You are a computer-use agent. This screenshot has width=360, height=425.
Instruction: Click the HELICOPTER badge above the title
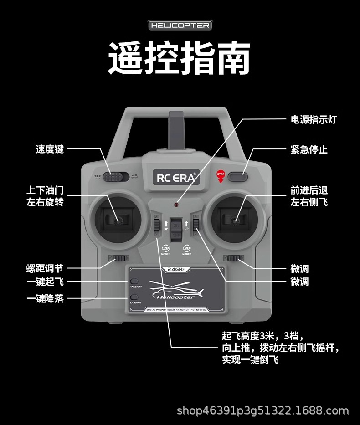point(180,26)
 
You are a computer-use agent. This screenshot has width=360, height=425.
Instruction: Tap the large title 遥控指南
point(180,59)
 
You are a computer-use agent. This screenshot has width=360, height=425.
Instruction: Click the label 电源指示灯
point(314,120)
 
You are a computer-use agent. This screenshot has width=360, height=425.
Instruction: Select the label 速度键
point(50,149)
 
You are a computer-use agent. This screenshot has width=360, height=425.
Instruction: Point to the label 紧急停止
point(309,149)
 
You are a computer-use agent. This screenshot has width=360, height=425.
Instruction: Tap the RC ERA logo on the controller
point(175,178)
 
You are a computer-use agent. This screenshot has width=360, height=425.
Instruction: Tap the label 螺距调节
point(45,268)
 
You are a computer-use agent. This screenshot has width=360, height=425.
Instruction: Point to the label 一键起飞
point(45,282)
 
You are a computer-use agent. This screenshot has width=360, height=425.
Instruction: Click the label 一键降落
point(45,299)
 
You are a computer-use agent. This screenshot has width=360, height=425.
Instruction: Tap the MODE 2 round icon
point(166,249)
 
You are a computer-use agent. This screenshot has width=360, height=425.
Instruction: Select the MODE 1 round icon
point(187,249)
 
